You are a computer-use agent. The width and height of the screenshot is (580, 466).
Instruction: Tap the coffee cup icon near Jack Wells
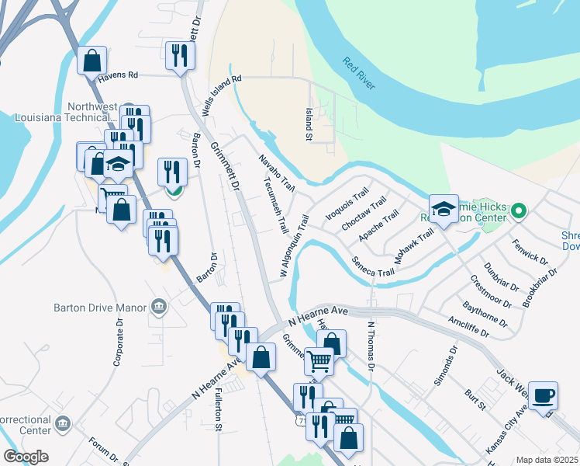[x=544, y=395]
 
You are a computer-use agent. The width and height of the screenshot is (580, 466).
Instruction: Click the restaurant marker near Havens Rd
[x=180, y=55]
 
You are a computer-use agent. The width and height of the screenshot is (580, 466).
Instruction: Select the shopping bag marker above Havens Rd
[x=92, y=61]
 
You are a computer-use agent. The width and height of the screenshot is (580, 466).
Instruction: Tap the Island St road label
[x=308, y=125]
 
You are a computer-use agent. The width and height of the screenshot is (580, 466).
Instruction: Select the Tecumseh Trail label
[x=276, y=207]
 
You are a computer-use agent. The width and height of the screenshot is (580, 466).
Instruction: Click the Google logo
[x=26, y=457]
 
